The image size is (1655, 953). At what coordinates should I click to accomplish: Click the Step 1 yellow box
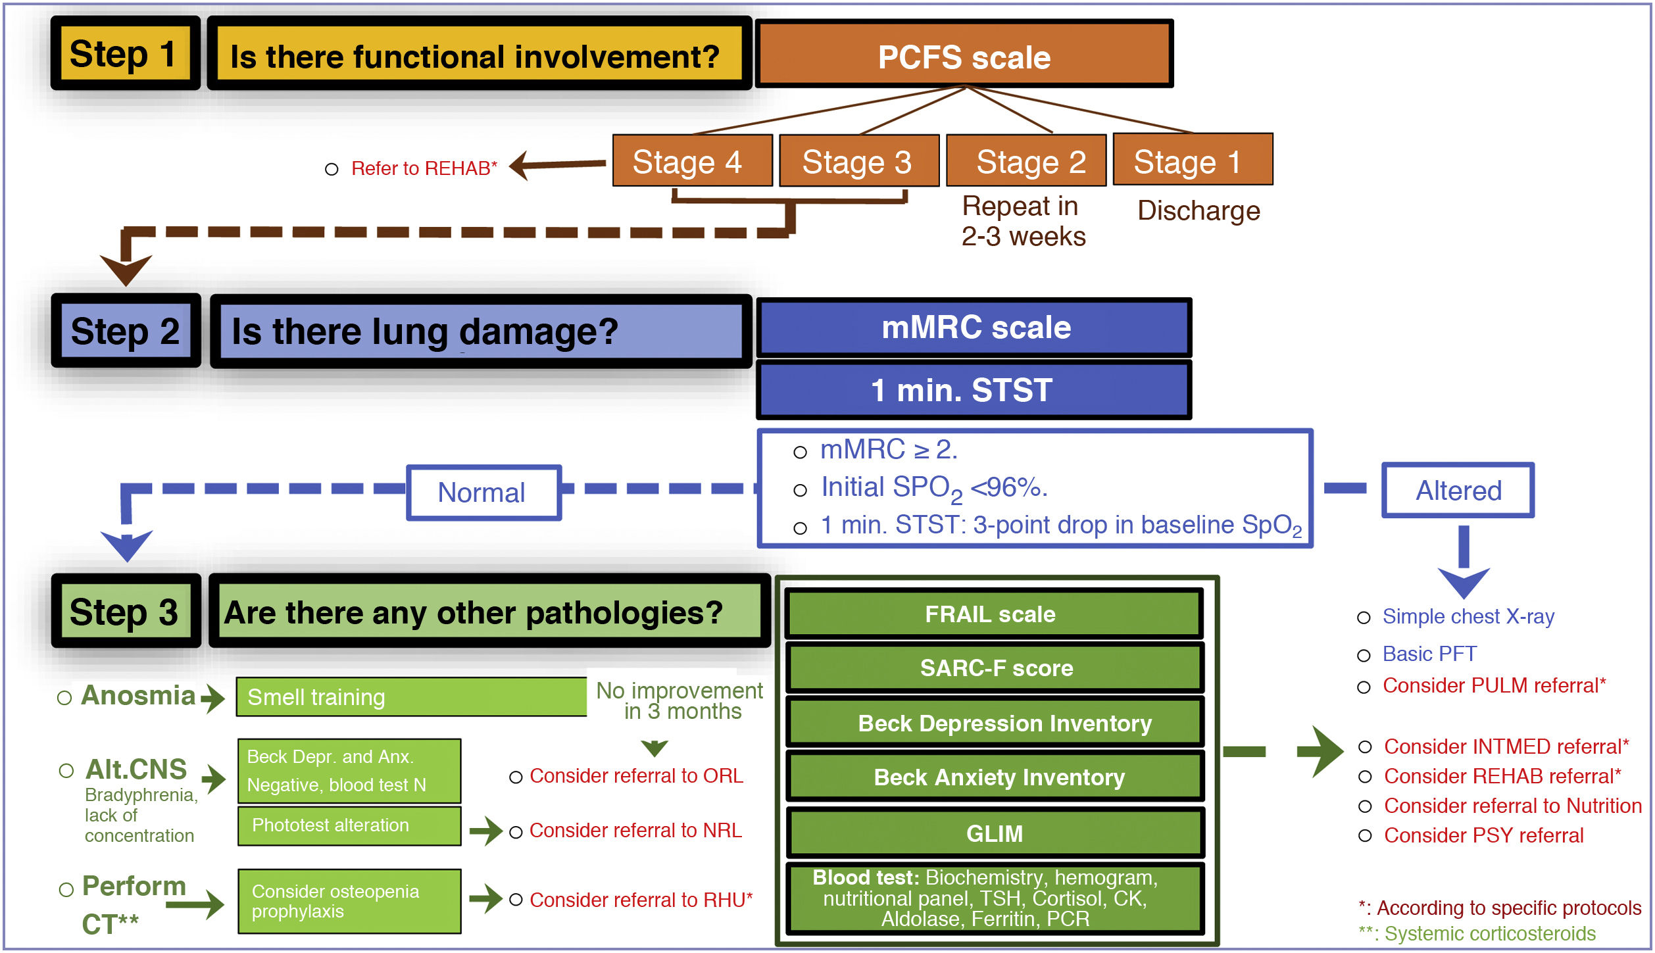[126, 53]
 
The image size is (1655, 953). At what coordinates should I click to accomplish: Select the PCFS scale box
[964, 54]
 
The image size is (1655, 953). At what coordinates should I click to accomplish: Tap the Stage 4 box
[692, 160]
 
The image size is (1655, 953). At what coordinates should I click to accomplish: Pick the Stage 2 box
[1026, 160]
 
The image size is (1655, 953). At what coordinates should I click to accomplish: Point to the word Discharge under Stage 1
[1198, 210]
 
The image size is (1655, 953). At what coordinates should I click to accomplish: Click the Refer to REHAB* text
[424, 168]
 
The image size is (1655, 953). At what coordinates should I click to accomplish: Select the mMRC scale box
[974, 327]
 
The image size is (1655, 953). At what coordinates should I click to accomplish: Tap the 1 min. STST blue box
[974, 389]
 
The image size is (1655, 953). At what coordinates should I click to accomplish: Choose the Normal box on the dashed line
[484, 493]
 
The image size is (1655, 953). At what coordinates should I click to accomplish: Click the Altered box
[1458, 490]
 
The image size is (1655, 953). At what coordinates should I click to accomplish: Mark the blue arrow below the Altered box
[1464, 562]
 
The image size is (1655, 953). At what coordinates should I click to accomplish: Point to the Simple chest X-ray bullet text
[1468, 616]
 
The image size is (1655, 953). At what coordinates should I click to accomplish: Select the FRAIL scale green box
[995, 614]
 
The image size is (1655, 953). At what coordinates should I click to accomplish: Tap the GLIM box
[995, 833]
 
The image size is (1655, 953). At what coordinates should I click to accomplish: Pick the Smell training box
[412, 696]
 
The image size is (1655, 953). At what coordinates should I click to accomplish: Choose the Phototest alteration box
[349, 825]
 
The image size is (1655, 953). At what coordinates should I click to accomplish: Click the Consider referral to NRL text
[635, 831]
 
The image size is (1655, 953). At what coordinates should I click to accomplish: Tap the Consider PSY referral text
[1483, 835]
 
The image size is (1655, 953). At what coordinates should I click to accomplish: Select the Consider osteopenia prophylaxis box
[349, 901]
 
